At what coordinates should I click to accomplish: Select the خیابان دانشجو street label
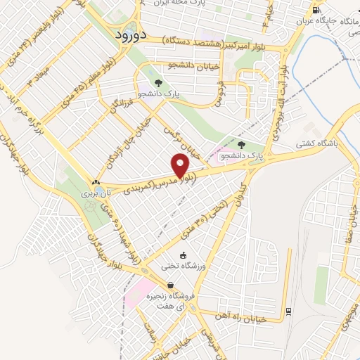[x=184, y=65]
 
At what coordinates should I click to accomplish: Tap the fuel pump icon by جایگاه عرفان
[x=316, y=10]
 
